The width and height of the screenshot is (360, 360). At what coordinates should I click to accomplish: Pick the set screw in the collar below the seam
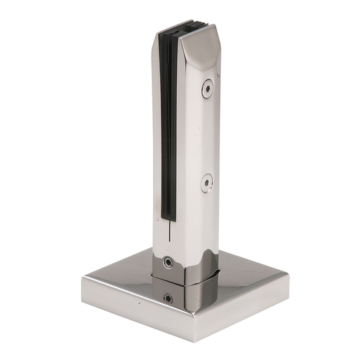168,298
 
